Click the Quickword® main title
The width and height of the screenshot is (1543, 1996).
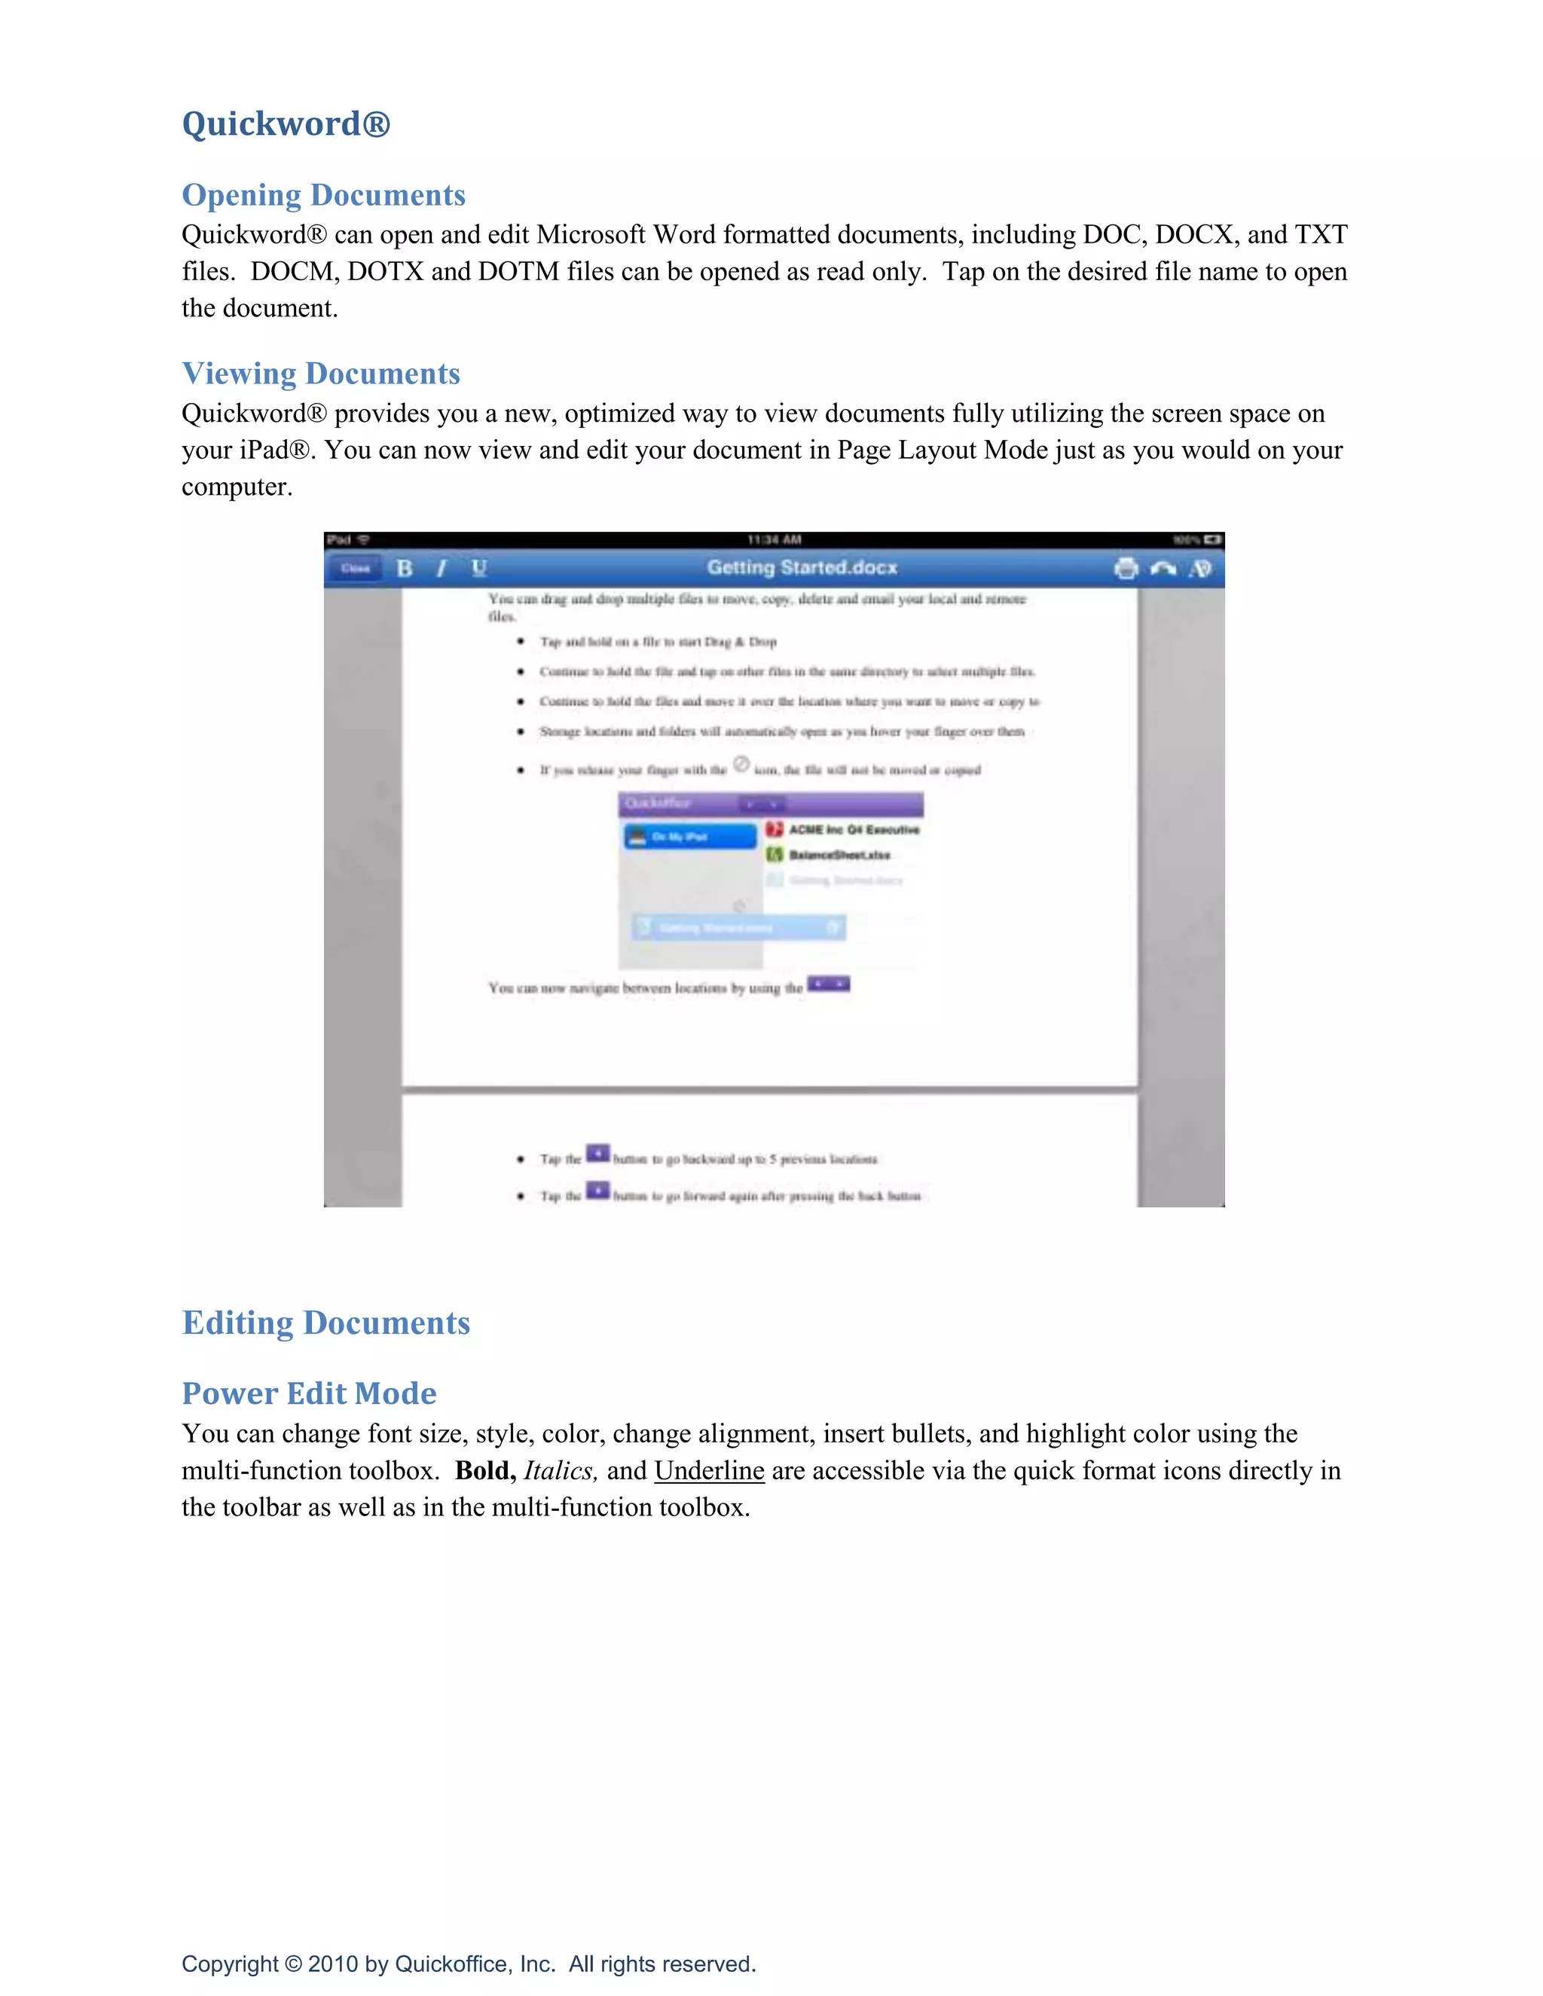pyautogui.click(x=286, y=124)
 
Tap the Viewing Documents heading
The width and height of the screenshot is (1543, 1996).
pyautogui.click(x=321, y=373)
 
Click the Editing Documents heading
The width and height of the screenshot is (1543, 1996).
pyautogui.click(x=325, y=1323)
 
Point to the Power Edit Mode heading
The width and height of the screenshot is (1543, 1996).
pyautogui.click(x=309, y=1393)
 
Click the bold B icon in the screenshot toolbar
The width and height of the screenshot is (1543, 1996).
pyautogui.click(x=405, y=569)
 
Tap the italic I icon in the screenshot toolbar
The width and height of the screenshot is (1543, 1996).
pyautogui.click(x=442, y=569)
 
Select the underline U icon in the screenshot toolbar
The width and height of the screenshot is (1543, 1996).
pyautogui.click(x=479, y=569)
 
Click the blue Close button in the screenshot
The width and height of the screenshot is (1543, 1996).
pyautogui.click(x=355, y=569)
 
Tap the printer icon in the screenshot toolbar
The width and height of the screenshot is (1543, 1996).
pyautogui.click(x=1126, y=569)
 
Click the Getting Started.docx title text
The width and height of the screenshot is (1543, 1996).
pyautogui.click(x=802, y=568)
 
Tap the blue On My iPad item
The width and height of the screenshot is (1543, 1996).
pyautogui.click(x=690, y=836)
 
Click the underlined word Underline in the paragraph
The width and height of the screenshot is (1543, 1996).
pyautogui.click(x=708, y=1470)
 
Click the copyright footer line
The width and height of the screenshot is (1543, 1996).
pyautogui.click(x=468, y=1964)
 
